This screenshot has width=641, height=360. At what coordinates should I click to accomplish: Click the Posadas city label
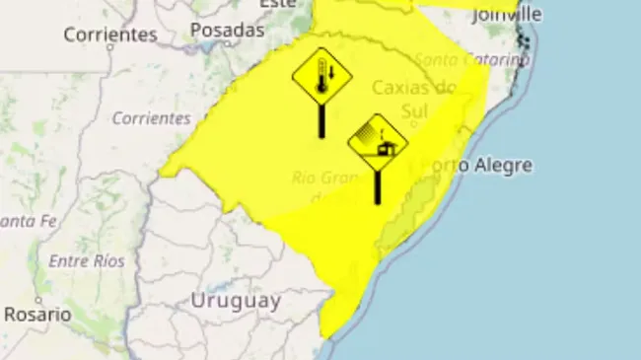tap(227, 31)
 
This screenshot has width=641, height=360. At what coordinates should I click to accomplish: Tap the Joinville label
tap(507, 14)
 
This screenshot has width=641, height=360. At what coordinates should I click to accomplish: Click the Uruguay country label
tap(236, 301)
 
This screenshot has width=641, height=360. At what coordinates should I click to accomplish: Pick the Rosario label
tap(37, 315)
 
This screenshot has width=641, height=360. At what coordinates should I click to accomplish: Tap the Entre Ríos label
tap(87, 261)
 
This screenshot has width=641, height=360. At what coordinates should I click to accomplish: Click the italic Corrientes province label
tap(151, 118)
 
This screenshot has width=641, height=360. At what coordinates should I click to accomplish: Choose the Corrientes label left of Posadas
tap(109, 35)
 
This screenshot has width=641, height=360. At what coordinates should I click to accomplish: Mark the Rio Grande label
tap(324, 179)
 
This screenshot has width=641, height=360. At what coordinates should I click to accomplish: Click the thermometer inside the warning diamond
tap(320, 77)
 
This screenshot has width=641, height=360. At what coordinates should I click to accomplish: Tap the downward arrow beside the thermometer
tap(332, 73)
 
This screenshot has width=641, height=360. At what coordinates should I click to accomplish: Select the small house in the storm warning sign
tap(386, 149)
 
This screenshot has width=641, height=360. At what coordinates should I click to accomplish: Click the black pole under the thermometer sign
tap(321, 121)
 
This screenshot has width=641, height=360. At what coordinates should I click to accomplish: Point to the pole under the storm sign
tap(378, 186)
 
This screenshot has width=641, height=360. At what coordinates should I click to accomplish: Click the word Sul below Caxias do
tap(413, 111)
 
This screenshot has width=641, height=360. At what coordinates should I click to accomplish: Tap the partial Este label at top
tap(277, 4)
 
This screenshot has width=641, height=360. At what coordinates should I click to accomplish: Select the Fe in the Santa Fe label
tap(46, 221)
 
